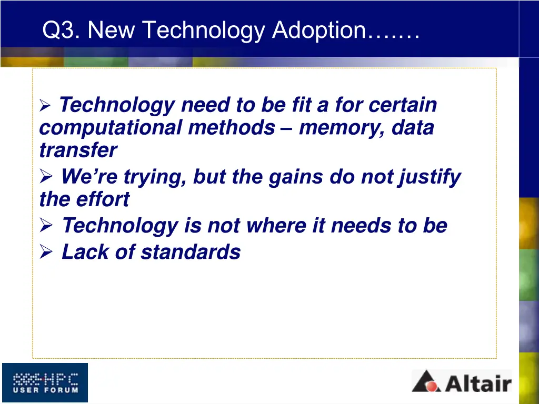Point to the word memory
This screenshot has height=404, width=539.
(x=341, y=128)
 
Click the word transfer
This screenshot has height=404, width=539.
(x=78, y=150)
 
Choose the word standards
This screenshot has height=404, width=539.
(x=191, y=252)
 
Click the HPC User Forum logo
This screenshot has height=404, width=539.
(x=45, y=382)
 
